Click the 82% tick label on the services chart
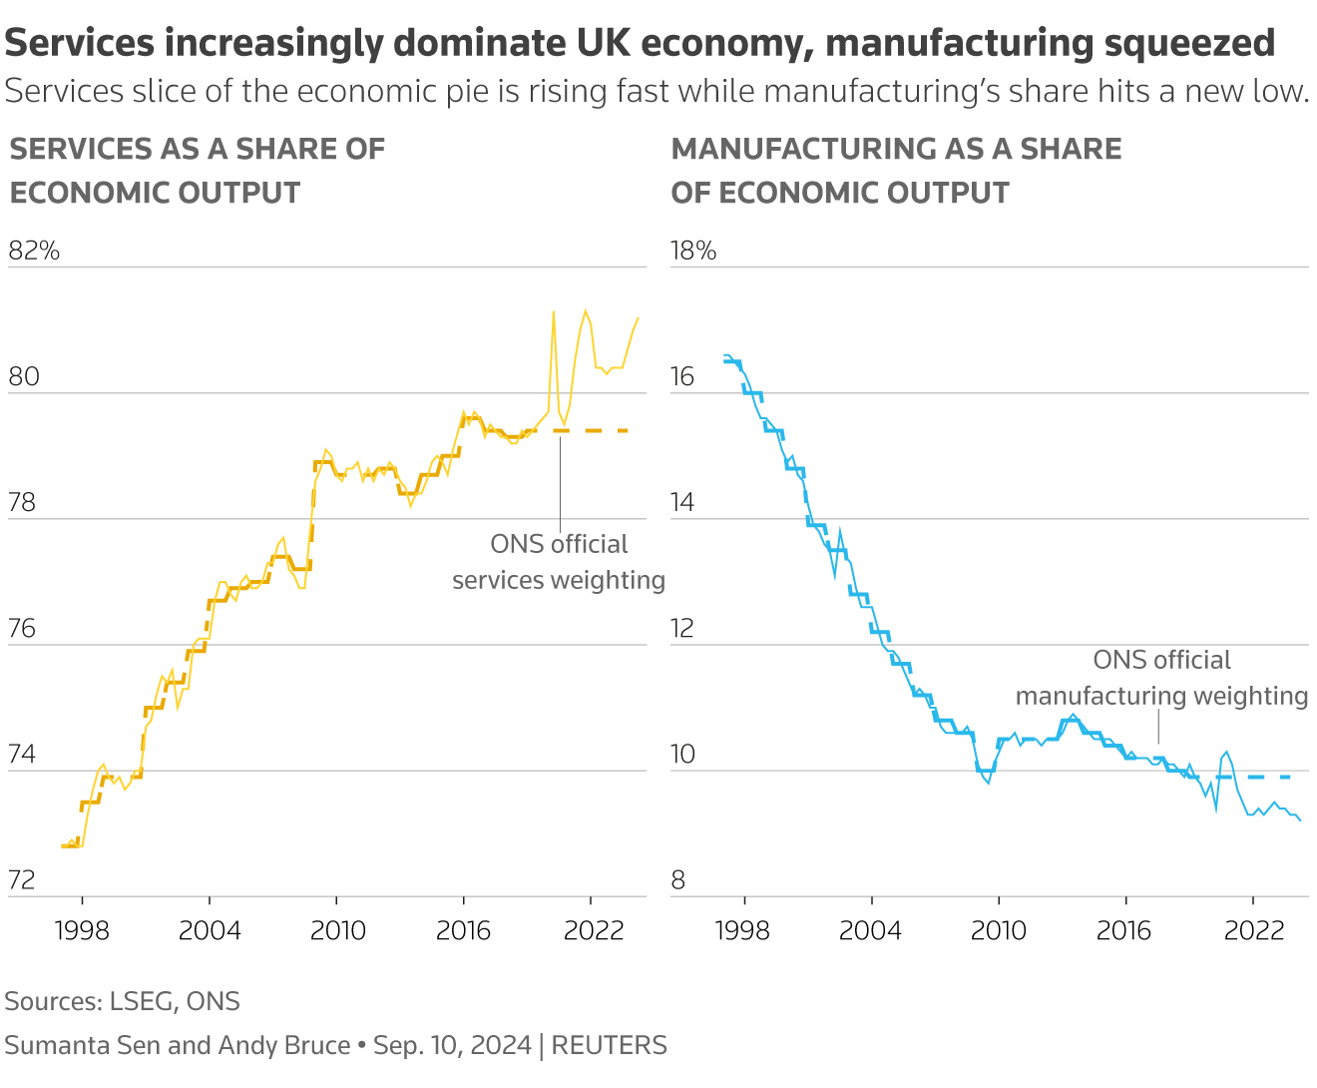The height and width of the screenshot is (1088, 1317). coord(34,251)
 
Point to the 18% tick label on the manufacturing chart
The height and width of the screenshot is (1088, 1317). coord(693,251)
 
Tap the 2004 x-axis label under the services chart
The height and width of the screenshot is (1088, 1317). coord(210,930)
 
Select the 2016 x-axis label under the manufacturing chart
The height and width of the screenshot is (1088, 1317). coord(1124,930)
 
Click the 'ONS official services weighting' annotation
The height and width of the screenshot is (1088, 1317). coord(559,562)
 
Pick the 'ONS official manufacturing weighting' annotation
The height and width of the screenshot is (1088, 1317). coord(1161,678)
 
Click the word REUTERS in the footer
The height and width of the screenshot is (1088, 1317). coord(609,1045)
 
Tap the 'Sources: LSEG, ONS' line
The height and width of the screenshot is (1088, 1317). coord(122,1001)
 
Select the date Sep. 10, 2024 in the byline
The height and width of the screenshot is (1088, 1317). coord(452,1045)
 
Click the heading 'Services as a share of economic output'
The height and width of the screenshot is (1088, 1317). coord(197,171)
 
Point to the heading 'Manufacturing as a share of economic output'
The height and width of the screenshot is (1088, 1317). coord(896,171)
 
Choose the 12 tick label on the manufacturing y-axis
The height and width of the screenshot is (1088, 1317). coord(683,629)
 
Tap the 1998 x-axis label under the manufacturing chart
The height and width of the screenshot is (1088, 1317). coord(742,930)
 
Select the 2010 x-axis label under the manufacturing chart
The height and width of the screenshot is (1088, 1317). coord(998,930)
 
